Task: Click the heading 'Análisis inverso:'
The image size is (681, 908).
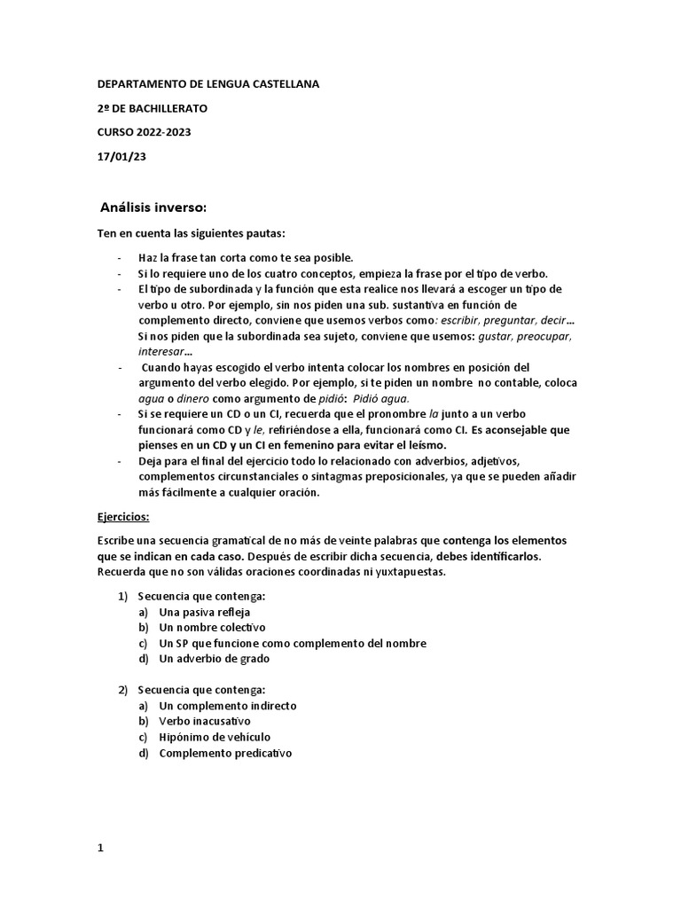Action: tap(153, 208)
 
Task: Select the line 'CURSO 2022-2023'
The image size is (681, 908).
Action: tap(144, 133)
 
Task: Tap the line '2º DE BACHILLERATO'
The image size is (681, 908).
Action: tap(153, 108)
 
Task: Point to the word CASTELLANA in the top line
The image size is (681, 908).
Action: tap(277, 83)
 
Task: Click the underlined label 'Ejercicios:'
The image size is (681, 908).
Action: tap(123, 515)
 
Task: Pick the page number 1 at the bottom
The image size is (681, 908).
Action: tap(100, 823)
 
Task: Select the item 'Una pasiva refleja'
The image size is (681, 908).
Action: tap(205, 612)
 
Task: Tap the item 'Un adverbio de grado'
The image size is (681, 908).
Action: tap(214, 659)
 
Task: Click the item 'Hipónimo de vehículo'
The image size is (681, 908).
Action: tap(215, 737)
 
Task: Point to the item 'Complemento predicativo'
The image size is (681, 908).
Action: tap(225, 753)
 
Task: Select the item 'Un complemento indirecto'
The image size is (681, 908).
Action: tap(228, 706)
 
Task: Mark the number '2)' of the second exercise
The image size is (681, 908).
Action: tap(124, 690)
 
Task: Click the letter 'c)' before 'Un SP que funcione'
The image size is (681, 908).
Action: tap(143, 643)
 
